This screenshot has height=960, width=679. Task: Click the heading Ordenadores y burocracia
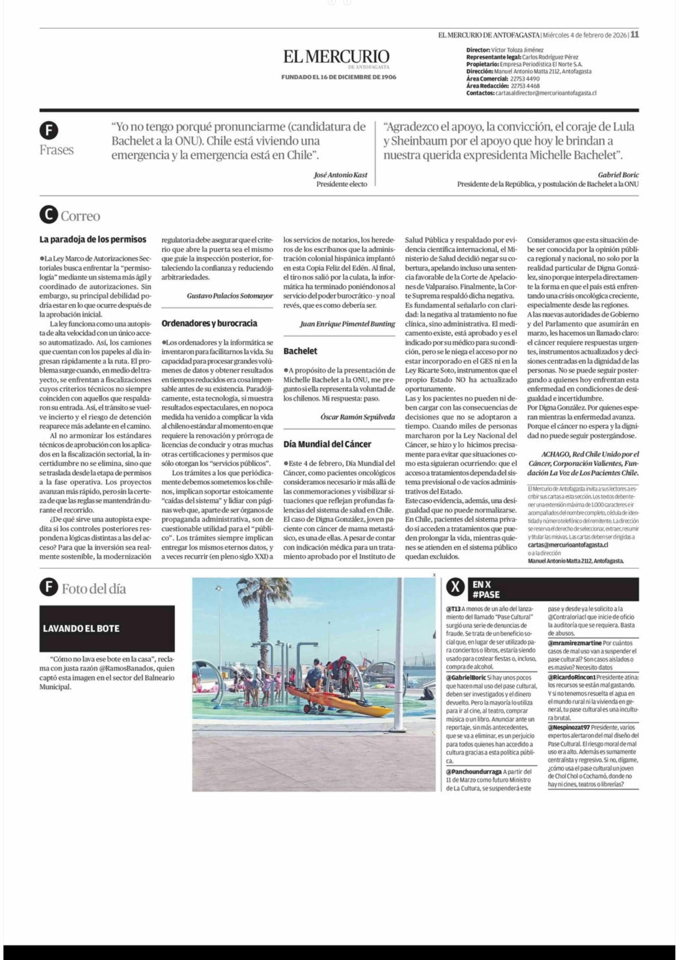pos(209,323)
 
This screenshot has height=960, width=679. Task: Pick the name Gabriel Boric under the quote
pos(618,175)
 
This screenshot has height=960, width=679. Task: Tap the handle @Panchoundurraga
pos(474,771)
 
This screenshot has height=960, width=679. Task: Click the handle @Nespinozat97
pos(569,727)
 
